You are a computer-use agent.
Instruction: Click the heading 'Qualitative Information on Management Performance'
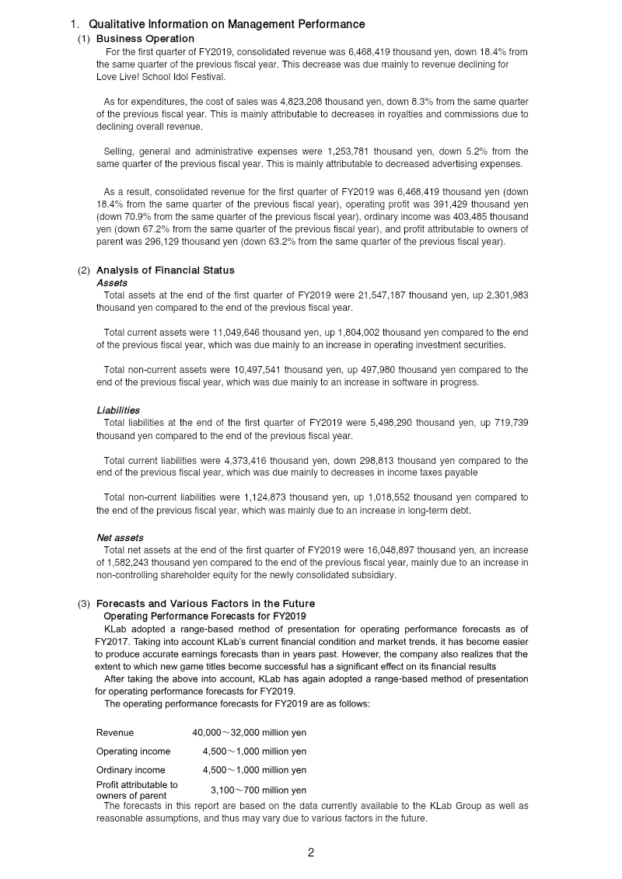(226, 25)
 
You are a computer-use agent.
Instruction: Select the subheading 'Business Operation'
(145, 38)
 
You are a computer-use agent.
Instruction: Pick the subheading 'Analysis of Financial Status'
(165, 270)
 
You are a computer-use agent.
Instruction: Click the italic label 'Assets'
(112, 283)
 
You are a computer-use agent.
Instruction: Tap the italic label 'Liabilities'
(118, 410)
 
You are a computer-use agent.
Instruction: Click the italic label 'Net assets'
(120, 537)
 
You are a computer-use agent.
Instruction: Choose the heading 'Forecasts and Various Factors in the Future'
(205, 604)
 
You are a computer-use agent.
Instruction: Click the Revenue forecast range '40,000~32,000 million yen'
(249, 732)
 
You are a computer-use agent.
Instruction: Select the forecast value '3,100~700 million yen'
(258, 790)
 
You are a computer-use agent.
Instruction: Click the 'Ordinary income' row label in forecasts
(131, 770)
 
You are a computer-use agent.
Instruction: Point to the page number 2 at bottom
(311, 853)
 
